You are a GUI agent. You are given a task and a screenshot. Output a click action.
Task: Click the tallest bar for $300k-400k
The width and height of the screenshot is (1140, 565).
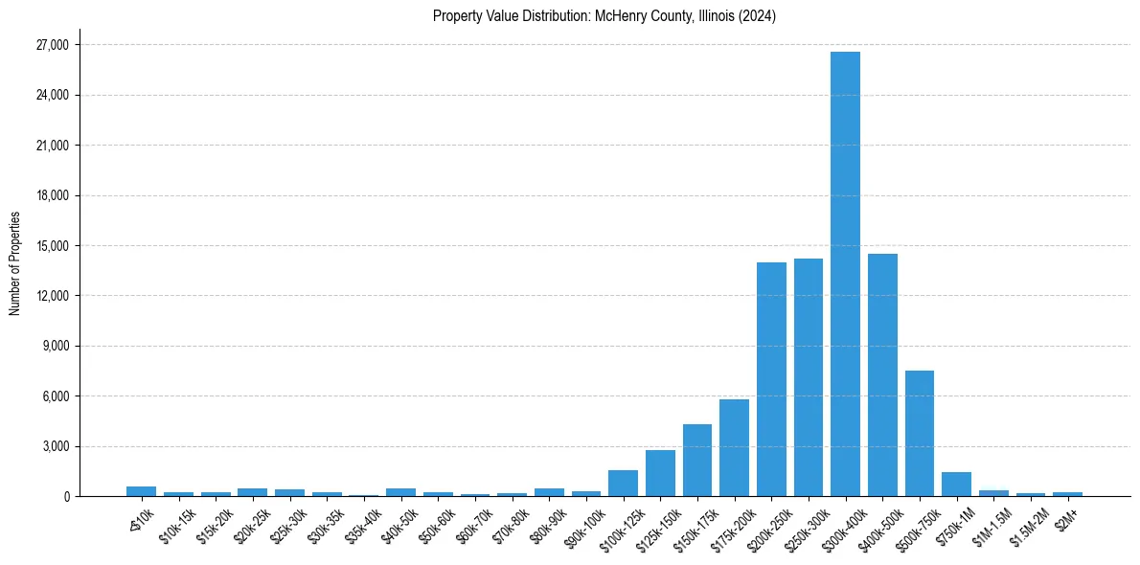pyautogui.click(x=845, y=274)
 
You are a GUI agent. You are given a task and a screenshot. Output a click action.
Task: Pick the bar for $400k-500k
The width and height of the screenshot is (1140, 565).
pyautogui.click(x=882, y=374)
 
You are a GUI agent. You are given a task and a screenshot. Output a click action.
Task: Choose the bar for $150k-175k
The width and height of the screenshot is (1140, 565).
pyautogui.click(x=696, y=460)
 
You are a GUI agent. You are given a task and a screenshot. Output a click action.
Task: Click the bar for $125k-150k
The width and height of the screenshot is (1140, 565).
pyautogui.click(x=660, y=473)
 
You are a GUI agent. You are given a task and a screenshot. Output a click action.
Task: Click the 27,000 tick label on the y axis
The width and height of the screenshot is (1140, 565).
pyautogui.click(x=52, y=45)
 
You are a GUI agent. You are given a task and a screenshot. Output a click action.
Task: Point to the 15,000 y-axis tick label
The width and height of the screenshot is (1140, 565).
pyautogui.click(x=52, y=246)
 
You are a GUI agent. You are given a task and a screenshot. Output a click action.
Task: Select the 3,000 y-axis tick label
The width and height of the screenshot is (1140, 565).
pyautogui.click(x=55, y=446)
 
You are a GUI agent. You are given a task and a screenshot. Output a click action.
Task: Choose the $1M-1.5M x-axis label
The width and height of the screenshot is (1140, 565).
pyautogui.click(x=989, y=518)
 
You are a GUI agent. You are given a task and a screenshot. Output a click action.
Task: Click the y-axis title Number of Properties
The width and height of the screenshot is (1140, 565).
pyautogui.click(x=14, y=262)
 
